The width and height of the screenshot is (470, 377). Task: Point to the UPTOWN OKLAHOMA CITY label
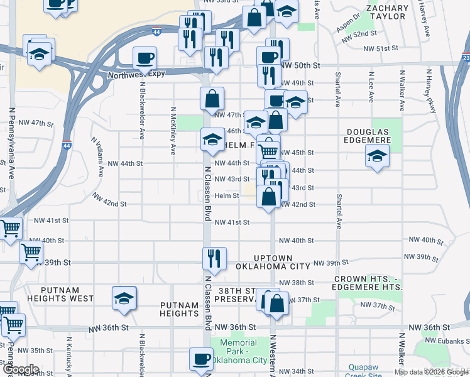click(x=273, y=263)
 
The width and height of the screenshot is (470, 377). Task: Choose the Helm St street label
click(x=227, y=195)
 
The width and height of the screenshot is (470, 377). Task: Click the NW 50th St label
click(x=300, y=65)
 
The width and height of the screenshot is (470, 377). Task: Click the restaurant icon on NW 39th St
click(x=214, y=258)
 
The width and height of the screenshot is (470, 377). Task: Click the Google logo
click(x=22, y=369)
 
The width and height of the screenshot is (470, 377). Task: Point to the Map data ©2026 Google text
click(x=431, y=372)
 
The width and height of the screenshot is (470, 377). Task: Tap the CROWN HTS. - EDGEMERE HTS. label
click(x=368, y=282)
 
